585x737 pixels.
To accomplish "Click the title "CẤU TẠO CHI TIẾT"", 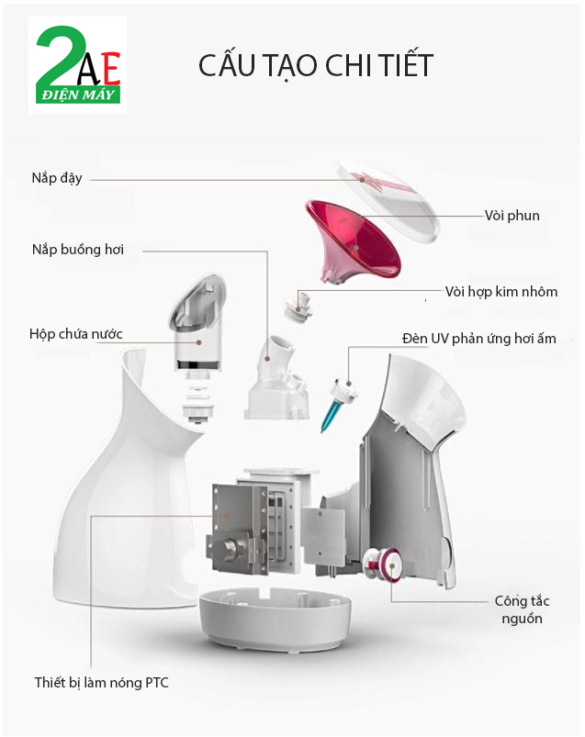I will [x=315, y=65].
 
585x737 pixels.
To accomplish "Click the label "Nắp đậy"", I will [x=57, y=178].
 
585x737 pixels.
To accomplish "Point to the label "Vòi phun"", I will [x=512, y=216].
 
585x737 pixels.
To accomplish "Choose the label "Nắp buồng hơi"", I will [x=78, y=249].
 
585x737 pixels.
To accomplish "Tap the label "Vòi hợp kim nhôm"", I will [x=501, y=292].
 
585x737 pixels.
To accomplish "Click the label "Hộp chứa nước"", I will [x=75, y=333].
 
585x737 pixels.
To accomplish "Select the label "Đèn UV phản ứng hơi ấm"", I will [x=478, y=339].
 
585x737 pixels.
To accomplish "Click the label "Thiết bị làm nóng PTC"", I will [x=102, y=682].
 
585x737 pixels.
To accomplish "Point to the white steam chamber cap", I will [x=276, y=376].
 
